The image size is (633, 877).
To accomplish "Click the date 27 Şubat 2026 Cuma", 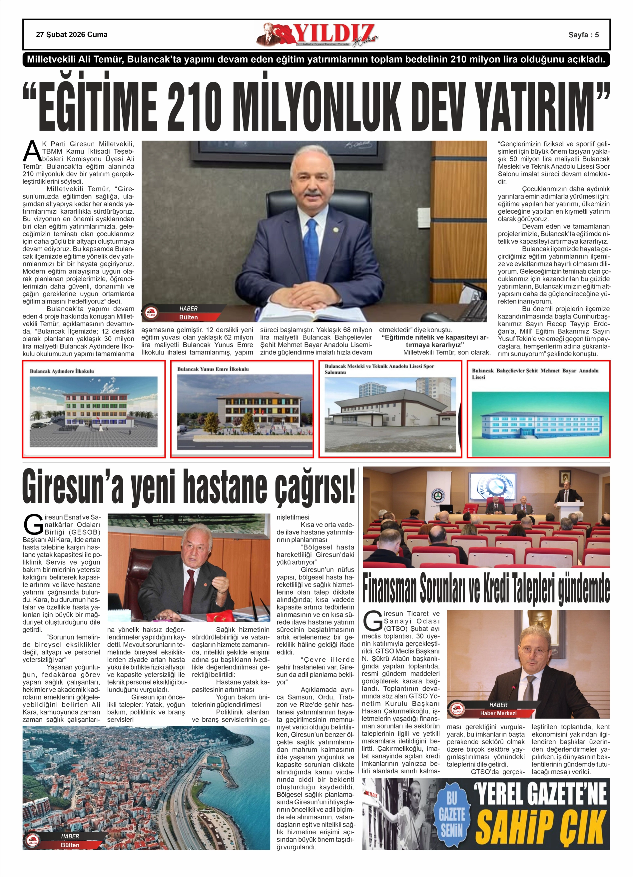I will tap(72, 35).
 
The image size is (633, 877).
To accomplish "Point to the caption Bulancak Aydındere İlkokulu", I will tap(62, 371).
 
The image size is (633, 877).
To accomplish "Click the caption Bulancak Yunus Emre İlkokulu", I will tap(213, 369).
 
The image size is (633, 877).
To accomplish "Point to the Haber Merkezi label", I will tap(498, 713).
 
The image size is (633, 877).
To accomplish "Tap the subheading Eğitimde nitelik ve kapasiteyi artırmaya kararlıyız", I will tap(435, 341).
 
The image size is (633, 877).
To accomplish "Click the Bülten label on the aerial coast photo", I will tap(70, 853).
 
